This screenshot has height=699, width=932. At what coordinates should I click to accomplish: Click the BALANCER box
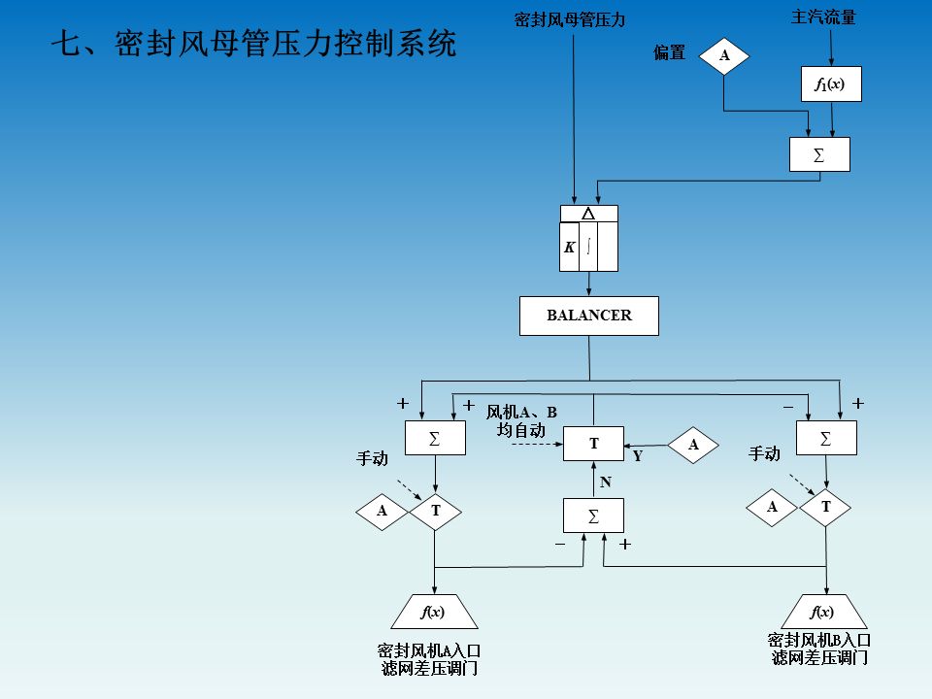click(x=589, y=316)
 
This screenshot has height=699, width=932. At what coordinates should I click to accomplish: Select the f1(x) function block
click(x=830, y=84)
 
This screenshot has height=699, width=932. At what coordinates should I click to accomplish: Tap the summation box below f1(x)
click(x=819, y=154)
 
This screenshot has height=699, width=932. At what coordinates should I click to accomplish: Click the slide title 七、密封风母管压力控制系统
click(x=252, y=44)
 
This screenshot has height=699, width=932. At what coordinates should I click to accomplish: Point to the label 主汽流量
click(x=822, y=17)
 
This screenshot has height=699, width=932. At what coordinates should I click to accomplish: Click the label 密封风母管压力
click(x=569, y=18)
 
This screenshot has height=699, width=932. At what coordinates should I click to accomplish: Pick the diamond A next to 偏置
click(x=724, y=56)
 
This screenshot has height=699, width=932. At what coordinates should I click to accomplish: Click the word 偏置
click(x=670, y=53)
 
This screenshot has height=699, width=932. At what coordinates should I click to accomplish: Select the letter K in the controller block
click(x=569, y=248)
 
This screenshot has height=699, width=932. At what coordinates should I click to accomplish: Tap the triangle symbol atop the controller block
click(x=587, y=214)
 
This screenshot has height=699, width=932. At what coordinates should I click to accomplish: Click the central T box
click(x=593, y=444)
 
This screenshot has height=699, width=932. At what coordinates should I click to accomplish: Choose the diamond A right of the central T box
click(x=693, y=445)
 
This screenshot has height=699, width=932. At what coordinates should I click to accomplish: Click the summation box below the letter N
click(x=593, y=515)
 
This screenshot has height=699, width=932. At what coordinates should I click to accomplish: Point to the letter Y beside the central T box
click(x=638, y=455)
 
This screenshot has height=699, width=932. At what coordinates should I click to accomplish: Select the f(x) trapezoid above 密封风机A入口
click(x=434, y=612)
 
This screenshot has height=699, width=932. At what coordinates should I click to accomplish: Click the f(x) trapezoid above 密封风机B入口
click(x=823, y=612)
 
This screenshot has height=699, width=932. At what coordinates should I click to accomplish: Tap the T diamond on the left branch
click(x=435, y=511)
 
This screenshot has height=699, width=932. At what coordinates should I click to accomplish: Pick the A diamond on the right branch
click(x=772, y=507)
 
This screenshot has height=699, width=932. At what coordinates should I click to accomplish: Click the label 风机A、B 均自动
click(x=520, y=421)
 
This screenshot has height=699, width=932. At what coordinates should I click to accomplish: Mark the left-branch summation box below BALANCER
click(x=435, y=439)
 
